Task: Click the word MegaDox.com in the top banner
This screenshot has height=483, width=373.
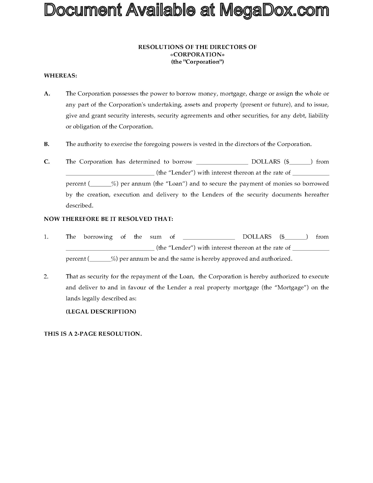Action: pos(274,11)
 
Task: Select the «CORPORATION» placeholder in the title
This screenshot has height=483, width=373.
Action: pos(197,54)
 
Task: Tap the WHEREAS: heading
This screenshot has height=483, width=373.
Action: pos(60,75)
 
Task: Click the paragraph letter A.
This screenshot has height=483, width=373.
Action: pos(47,94)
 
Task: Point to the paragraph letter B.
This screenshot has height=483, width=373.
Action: pos(47,144)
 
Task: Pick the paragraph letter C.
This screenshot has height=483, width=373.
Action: pos(47,162)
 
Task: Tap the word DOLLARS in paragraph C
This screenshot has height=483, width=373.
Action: pos(266,162)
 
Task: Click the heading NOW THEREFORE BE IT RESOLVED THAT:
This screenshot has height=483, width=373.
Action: pos(108,219)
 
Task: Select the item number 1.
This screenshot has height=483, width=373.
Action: pos(46,237)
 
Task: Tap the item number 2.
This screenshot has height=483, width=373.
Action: pos(46,276)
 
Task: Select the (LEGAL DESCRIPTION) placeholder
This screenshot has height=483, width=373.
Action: pos(101,311)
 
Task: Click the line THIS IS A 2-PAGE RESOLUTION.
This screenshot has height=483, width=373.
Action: pos(93,334)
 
